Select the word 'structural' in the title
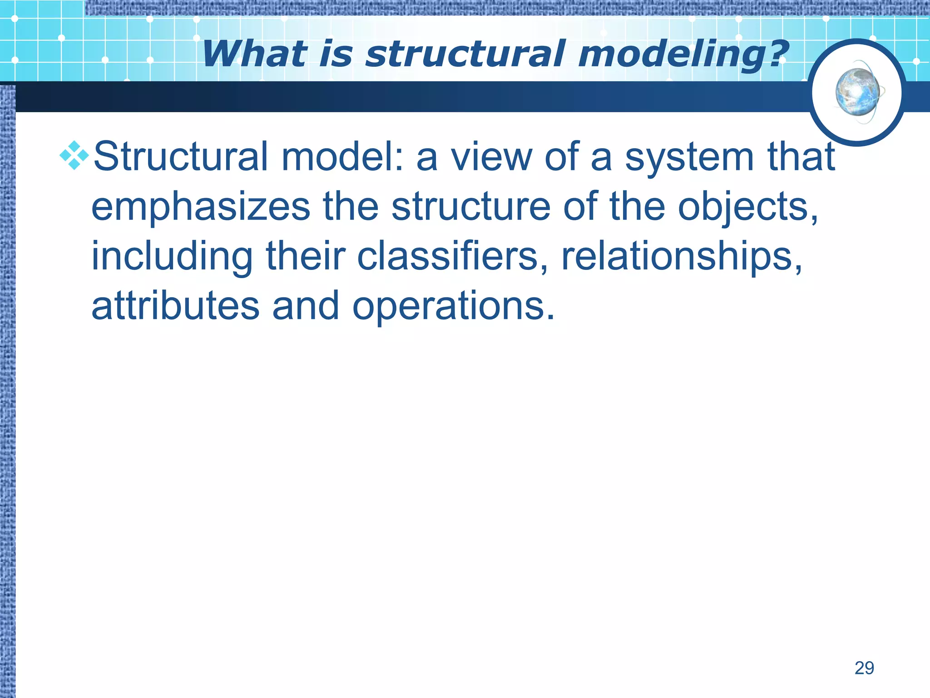(466, 54)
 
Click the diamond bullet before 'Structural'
(74, 155)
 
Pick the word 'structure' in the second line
(471, 207)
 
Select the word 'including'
(172, 257)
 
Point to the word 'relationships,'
(682, 257)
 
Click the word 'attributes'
(175, 306)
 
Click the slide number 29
(864, 668)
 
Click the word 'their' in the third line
(305, 256)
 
